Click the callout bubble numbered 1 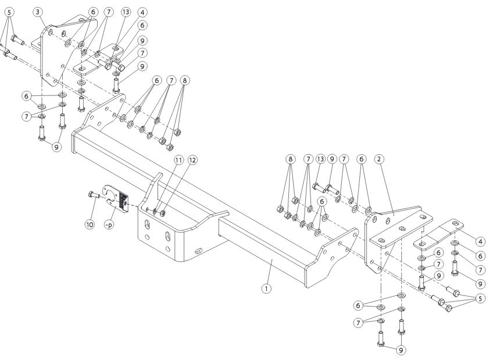click(266, 287)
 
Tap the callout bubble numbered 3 click(38, 12)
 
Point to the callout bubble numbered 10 click(90, 223)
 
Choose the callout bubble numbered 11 click(178, 159)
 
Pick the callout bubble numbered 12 click(192, 159)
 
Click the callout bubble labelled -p click(109, 223)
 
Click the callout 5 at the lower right click(480, 299)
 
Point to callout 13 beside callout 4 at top click(126, 12)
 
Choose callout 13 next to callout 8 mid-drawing click(319, 159)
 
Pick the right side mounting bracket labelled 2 click(395, 233)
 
